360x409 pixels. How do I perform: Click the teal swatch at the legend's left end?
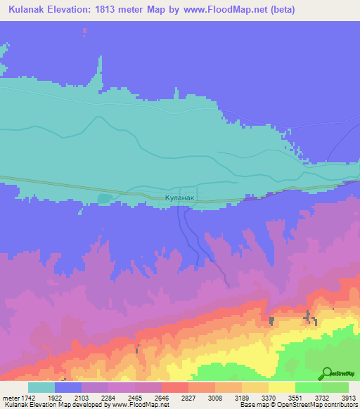41,387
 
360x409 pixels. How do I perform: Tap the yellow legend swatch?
282,387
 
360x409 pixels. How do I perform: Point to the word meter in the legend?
11,398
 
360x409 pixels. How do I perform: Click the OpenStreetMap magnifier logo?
326,373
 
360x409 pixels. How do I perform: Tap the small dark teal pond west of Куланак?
105,199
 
